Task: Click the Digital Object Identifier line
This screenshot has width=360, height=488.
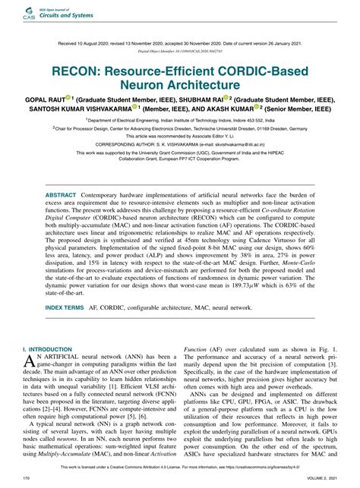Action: coord(180,52)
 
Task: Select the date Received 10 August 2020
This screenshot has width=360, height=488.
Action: coord(90,43)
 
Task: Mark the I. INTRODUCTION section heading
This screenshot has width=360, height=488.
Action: coord(52,367)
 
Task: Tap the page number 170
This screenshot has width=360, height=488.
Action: coord(27,478)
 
